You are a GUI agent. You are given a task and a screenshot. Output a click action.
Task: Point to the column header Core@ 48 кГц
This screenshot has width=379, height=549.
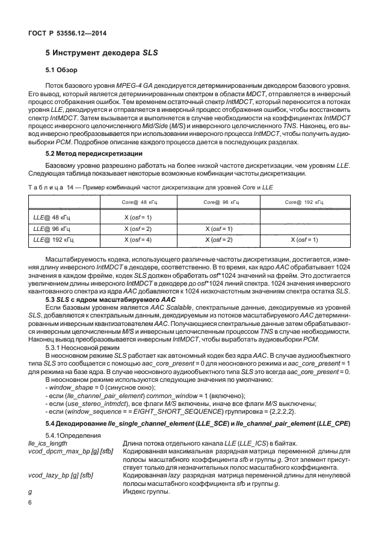[137, 203]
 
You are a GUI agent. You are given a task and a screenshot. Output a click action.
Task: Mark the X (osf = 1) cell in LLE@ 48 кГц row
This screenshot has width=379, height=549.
[137, 216]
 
